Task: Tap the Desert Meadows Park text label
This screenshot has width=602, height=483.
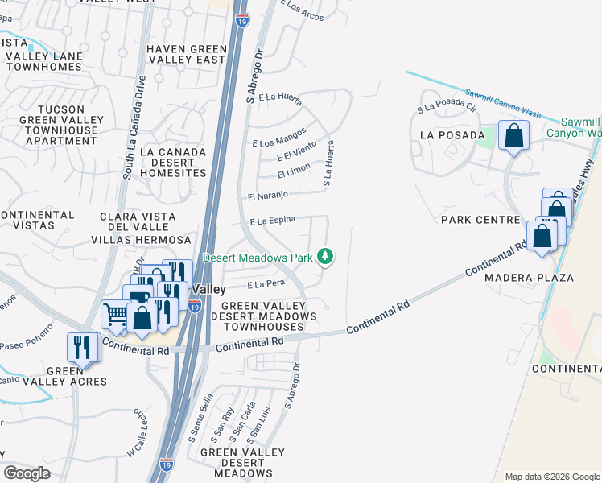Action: (x=258, y=258)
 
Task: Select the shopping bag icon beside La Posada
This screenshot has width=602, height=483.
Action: (x=513, y=136)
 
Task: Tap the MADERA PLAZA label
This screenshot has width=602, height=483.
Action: (x=529, y=278)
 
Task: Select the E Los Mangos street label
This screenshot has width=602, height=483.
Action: (x=278, y=142)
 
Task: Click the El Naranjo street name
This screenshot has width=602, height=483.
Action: (x=268, y=196)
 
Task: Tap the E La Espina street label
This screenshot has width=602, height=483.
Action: (x=273, y=220)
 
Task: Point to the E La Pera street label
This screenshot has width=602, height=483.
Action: (x=267, y=284)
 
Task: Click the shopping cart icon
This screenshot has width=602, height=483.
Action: (x=115, y=314)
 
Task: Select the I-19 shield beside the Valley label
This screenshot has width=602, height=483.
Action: (x=194, y=306)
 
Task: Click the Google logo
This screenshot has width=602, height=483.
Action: (x=27, y=473)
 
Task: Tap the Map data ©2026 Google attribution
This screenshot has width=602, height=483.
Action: (x=551, y=477)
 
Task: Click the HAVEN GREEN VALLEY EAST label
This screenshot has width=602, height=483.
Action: (x=187, y=54)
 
